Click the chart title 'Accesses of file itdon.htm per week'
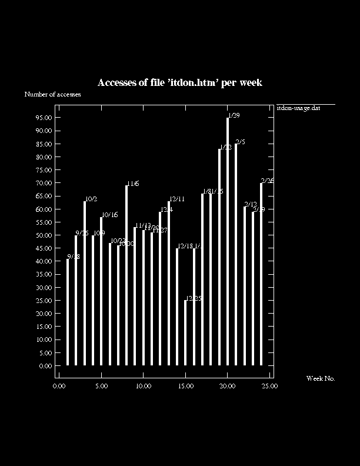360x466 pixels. pos(179,83)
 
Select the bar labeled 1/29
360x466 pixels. pos(228,241)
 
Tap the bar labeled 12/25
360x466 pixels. pos(186,332)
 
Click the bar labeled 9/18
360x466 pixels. pos(68,312)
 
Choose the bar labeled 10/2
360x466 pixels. pos(85,283)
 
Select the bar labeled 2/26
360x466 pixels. pos(261,274)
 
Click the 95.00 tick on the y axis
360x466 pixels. pos(45,118)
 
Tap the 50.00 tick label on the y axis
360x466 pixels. pos(45,235)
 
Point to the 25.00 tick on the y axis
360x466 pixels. pos(45,301)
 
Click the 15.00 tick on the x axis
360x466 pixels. pos(185,386)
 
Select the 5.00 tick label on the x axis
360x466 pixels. pos(101,386)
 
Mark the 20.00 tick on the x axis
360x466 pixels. pos(228,386)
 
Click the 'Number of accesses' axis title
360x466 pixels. pos(52,94)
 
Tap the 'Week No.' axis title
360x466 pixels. pos(321,378)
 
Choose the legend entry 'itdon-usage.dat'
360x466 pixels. pos(298,108)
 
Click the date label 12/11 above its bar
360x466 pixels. pos(177,199)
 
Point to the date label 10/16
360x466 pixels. pos(109,215)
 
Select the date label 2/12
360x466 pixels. pos(251,204)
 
